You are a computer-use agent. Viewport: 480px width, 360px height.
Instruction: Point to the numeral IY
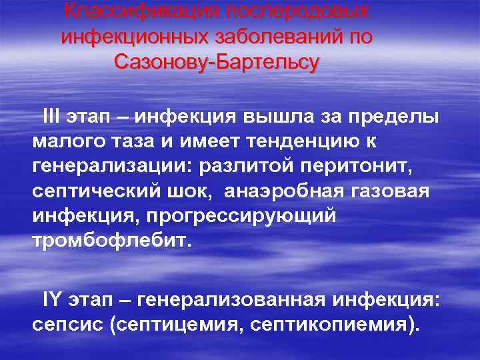(50, 299)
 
